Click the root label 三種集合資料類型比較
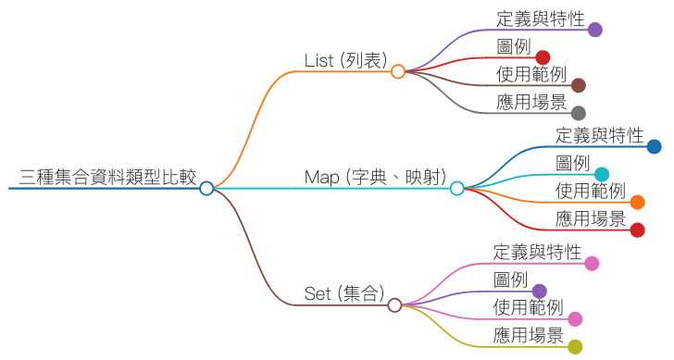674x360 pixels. [107, 177]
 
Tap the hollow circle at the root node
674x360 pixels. [206, 188]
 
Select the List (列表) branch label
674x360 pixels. [345, 60]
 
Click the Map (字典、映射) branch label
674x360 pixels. [376, 177]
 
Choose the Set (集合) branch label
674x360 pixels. [343, 293]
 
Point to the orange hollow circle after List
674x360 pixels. [398, 71]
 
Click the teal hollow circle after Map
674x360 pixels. [456, 188]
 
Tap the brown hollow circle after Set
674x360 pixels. [394, 304]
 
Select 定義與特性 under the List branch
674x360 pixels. [540, 18]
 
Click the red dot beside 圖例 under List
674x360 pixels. [543, 57]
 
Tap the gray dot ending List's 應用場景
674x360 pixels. [579, 113]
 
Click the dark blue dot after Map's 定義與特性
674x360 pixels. [654, 146]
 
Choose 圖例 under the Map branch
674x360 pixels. [572, 163]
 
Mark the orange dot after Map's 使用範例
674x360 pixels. [637, 202]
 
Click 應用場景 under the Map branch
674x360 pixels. [591, 218]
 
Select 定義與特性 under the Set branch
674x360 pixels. [537, 252]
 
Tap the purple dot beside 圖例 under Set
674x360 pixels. [539, 291]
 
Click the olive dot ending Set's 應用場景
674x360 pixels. [575, 347]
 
